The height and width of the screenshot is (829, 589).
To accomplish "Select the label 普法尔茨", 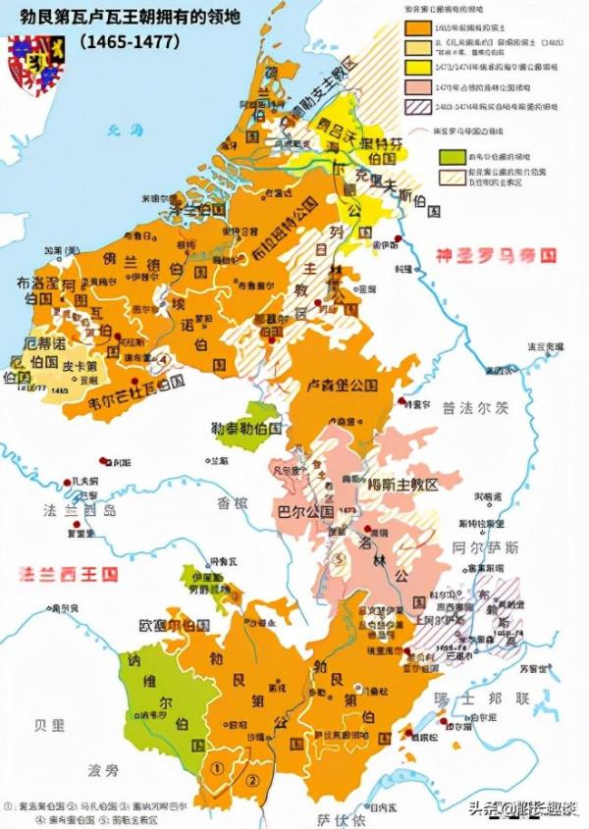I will (472, 404).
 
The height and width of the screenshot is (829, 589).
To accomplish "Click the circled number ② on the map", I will (251, 780).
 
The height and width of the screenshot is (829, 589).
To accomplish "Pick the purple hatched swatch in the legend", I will (417, 106).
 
